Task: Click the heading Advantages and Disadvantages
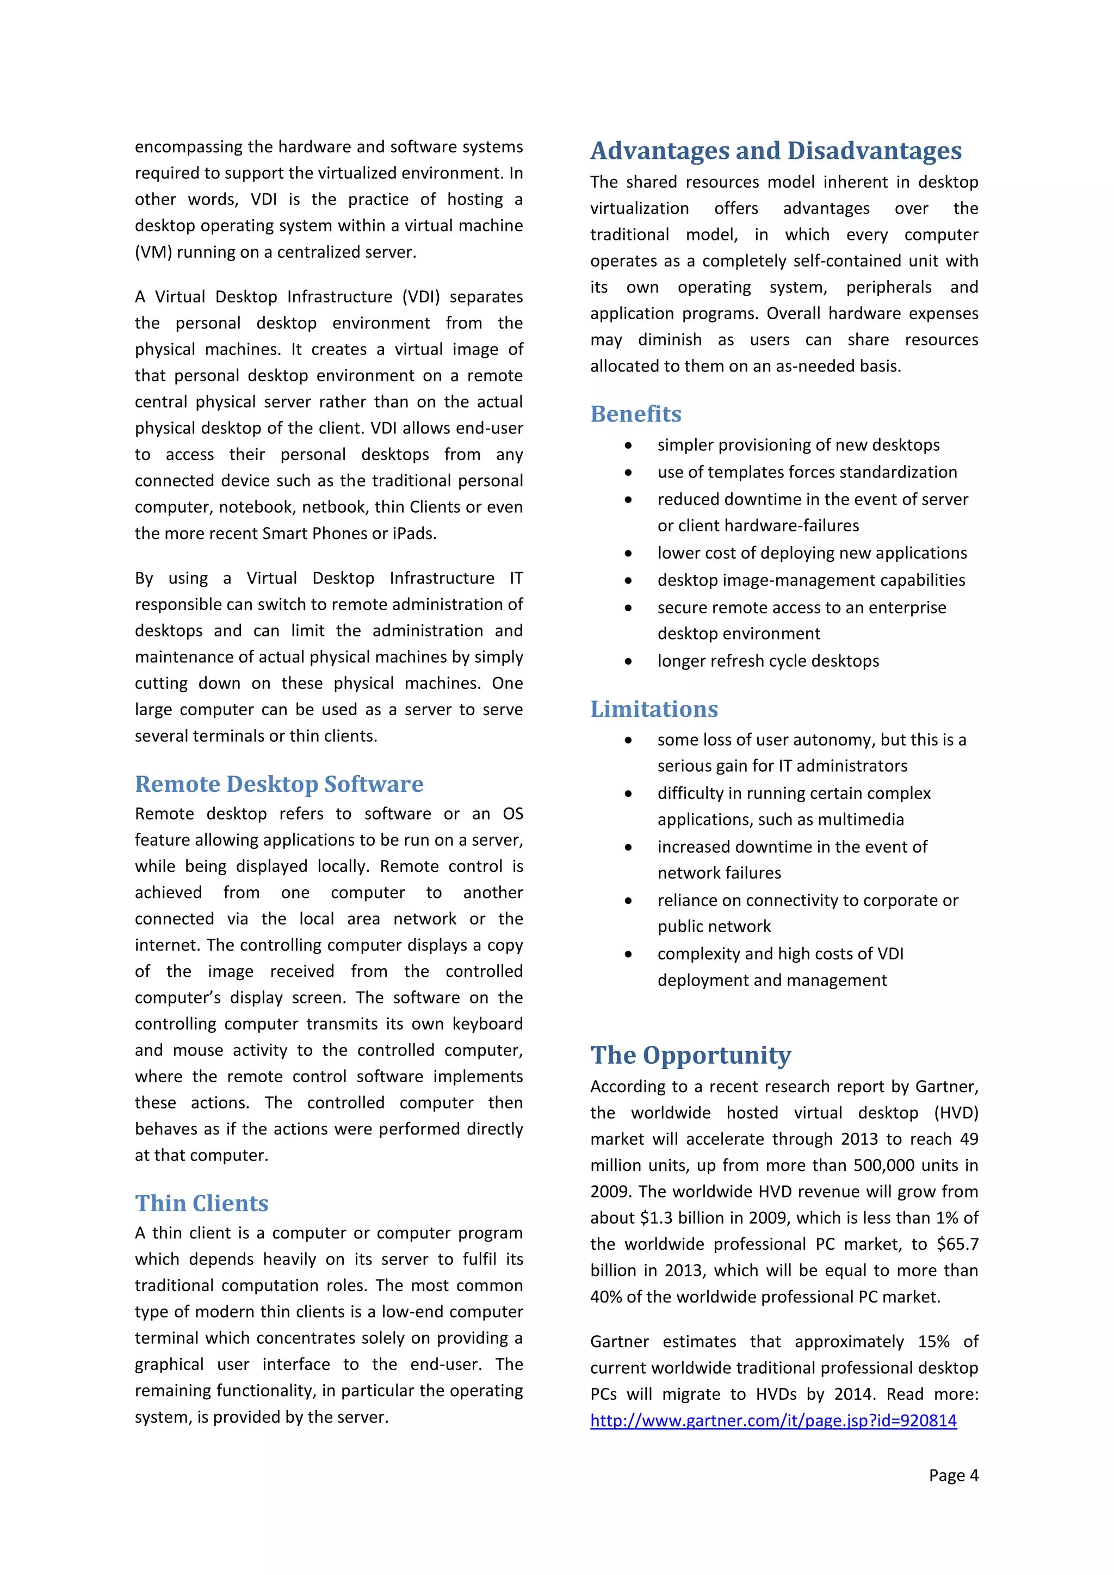pos(776,151)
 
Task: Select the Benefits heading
pos(636,414)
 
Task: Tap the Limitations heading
pos(654,709)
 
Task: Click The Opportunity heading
pos(691,1055)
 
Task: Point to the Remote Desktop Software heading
pos(279,784)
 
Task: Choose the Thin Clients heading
pos(202,1203)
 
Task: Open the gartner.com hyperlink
pos(773,1420)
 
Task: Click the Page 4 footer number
pos(954,1475)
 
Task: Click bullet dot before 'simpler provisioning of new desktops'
pos(628,446)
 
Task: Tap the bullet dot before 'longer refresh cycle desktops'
pos(628,662)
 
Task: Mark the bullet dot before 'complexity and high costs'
pos(628,955)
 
